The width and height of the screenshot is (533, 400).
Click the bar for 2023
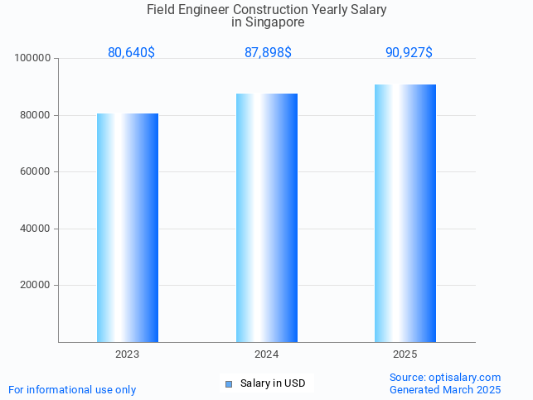click(128, 228)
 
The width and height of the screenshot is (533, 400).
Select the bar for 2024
click(267, 218)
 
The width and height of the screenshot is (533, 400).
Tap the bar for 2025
click(405, 214)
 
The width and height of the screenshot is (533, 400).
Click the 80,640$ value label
click(131, 52)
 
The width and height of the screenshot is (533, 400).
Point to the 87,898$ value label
click(268, 52)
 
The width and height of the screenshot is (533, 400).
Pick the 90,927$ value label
click(409, 52)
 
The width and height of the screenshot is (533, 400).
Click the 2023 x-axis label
click(128, 354)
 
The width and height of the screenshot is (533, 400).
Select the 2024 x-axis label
click(266, 354)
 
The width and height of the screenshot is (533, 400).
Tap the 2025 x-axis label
click(405, 354)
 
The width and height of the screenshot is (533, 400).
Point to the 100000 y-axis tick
click(34, 59)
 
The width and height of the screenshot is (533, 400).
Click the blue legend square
click(229, 383)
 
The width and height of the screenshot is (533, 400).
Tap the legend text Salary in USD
click(273, 383)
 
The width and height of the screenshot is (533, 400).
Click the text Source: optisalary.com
click(445, 377)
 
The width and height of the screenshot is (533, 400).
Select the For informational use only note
click(72, 389)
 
